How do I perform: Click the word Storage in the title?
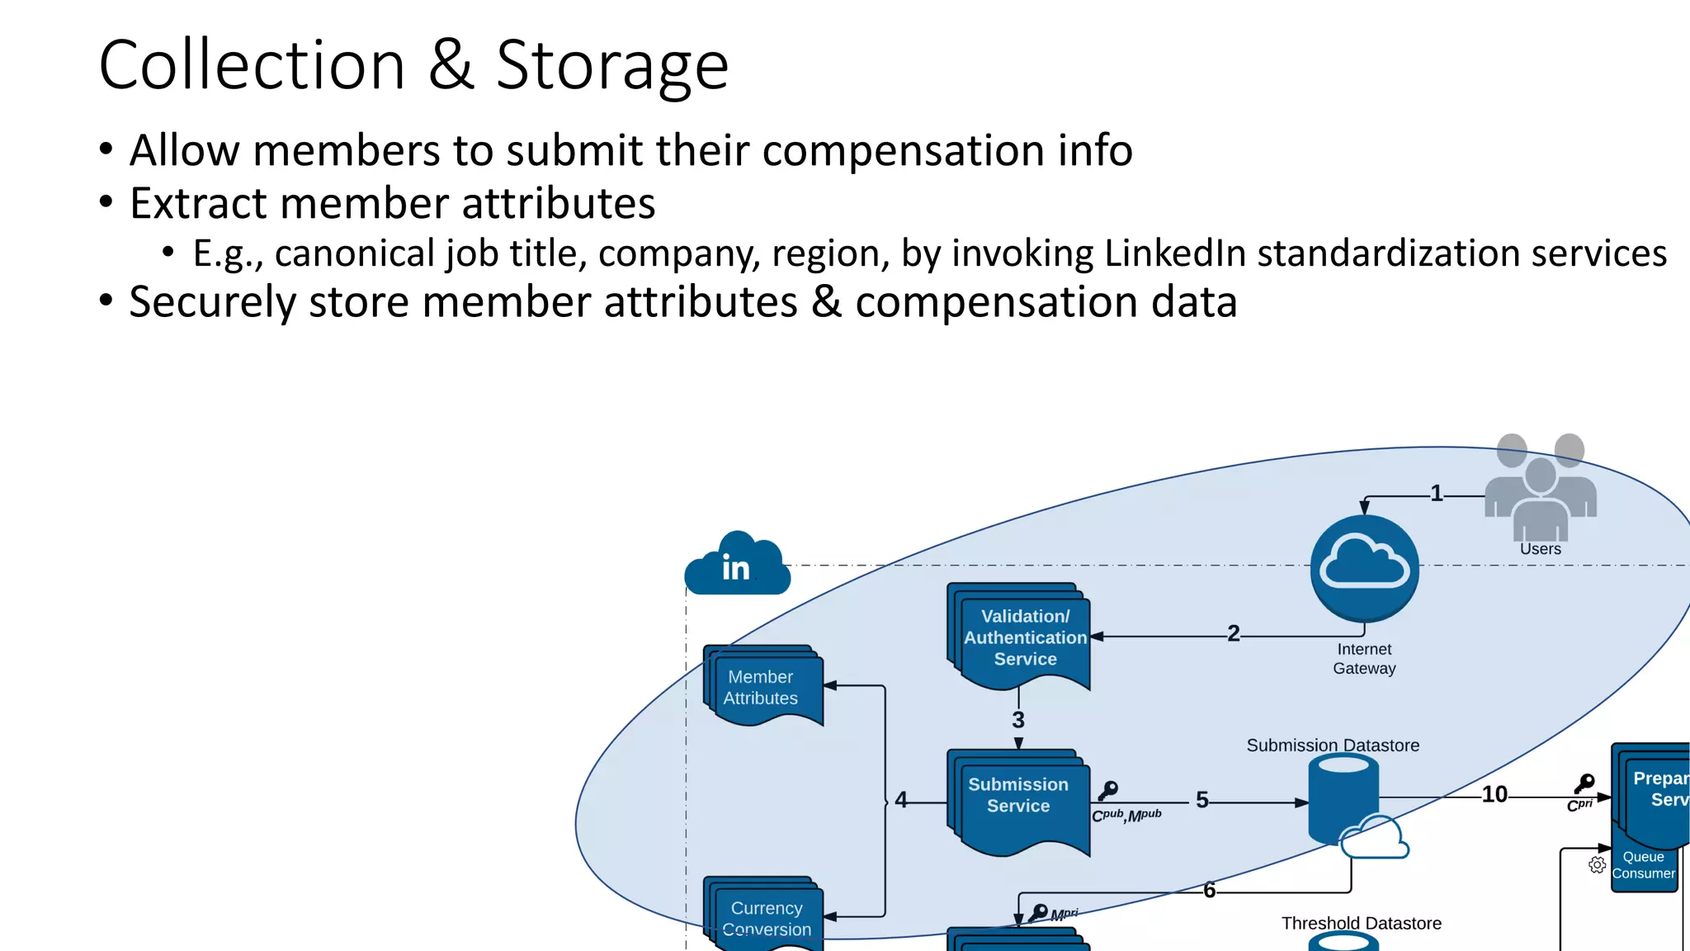coord(611,66)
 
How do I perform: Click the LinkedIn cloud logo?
coord(737,565)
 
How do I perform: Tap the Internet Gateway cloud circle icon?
coord(1364,568)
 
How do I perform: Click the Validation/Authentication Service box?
coord(1023,636)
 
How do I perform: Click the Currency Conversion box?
coord(765,916)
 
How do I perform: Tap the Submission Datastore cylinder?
coord(1343,799)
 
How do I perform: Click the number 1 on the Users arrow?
coord(1437,494)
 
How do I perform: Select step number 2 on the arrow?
coord(1233,634)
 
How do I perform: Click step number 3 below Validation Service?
coord(1018,721)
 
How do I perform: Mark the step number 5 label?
coord(1202,800)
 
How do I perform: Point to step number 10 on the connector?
coord(1494,795)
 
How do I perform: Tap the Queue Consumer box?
coord(1643,865)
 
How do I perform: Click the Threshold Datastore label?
coord(1361,924)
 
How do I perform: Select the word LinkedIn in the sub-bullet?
coord(1174,253)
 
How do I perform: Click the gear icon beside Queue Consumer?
coord(1597,865)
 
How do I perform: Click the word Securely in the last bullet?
coord(212,302)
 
